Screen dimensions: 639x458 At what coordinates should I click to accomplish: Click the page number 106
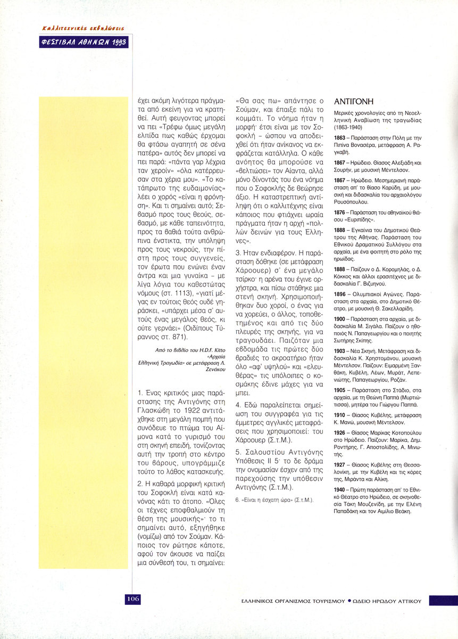(132, 599)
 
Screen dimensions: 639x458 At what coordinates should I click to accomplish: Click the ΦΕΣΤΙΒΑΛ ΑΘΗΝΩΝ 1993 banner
(85, 42)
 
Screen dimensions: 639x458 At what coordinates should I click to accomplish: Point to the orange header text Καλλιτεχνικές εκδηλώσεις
(84, 28)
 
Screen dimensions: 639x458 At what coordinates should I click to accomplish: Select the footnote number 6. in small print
(238, 501)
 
